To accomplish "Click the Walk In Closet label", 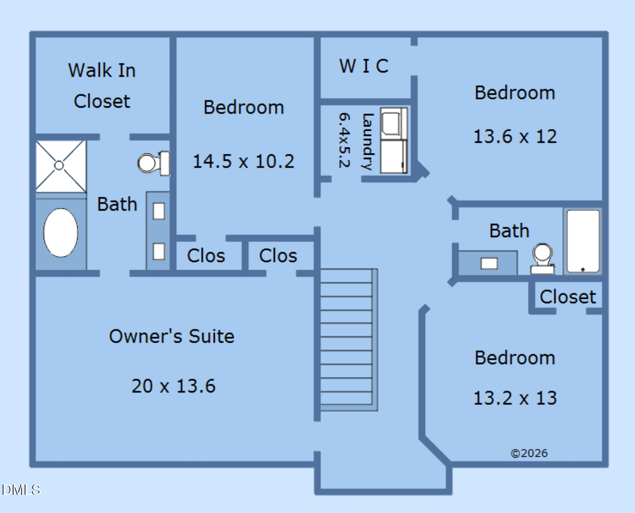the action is (x=102, y=86).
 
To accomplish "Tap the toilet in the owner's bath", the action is (x=154, y=163).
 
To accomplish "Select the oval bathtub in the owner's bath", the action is (x=61, y=233).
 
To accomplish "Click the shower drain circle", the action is (x=59, y=166).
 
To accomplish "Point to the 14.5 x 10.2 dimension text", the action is (x=243, y=161).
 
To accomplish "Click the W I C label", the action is (x=364, y=66).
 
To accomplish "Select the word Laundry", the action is (x=367, y=142).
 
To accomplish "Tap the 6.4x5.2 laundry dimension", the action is (x=345, y=140).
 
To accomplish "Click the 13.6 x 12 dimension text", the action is (x=515, y=136).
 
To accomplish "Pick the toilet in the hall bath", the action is (x=542, y=259).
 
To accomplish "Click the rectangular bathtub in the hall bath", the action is (x=583, y=241).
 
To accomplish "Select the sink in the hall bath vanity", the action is (x=489, y=263).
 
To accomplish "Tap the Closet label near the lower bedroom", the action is (x=567, y=297).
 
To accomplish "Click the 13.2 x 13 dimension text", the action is (x=515, y=398).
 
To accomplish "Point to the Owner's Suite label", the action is (x=172, y=336).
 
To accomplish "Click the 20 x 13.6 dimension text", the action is (x=173, y=386).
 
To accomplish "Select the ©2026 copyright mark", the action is (x=529, y=453).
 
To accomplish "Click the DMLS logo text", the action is (x=21, y=490).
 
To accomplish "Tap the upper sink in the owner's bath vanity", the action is (x=159, y=211).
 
